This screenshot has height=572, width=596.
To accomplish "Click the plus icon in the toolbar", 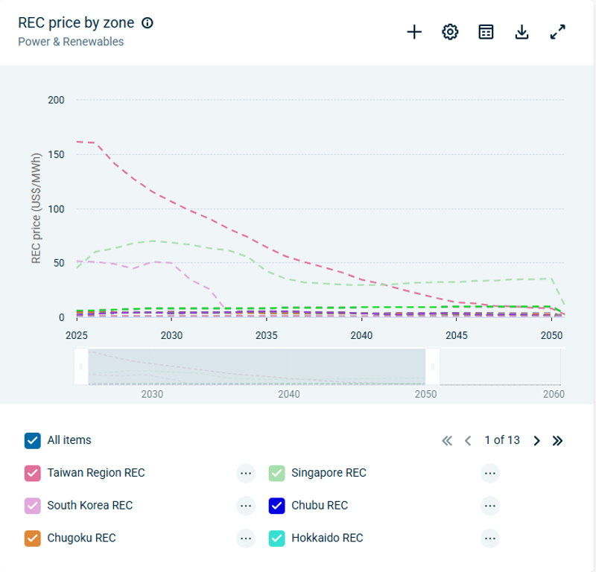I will tap(414, 32).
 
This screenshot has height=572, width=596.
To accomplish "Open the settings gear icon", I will tap(450, 32).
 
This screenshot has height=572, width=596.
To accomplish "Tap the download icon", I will tap(522, 32).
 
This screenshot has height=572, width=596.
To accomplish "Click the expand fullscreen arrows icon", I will tap(558, 32).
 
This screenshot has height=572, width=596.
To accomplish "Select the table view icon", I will tap(486, 32).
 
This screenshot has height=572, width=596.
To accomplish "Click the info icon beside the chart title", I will tap(148, 23).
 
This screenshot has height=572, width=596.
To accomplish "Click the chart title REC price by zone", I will tap(76, 23).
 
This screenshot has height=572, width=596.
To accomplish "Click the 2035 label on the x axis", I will tap(267, 335).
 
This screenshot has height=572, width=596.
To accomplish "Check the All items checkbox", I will tap(32, 440).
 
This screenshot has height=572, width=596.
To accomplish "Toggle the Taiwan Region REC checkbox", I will tap(32, 473).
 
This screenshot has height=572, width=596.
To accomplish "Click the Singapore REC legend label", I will tap(329, 473).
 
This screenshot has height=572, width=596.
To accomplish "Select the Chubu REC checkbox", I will tap(276, 506).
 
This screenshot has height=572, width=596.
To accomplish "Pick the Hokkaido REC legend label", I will tap(327, 538).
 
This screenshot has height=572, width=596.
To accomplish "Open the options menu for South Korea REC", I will tap(246, 506).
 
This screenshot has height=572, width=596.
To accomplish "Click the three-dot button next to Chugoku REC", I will tap(246, 538).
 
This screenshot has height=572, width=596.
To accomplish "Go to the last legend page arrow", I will tap(557, 440).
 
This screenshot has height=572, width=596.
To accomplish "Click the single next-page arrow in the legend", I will tap(536, 440).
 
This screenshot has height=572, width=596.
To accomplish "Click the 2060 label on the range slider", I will tap(553, 393).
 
